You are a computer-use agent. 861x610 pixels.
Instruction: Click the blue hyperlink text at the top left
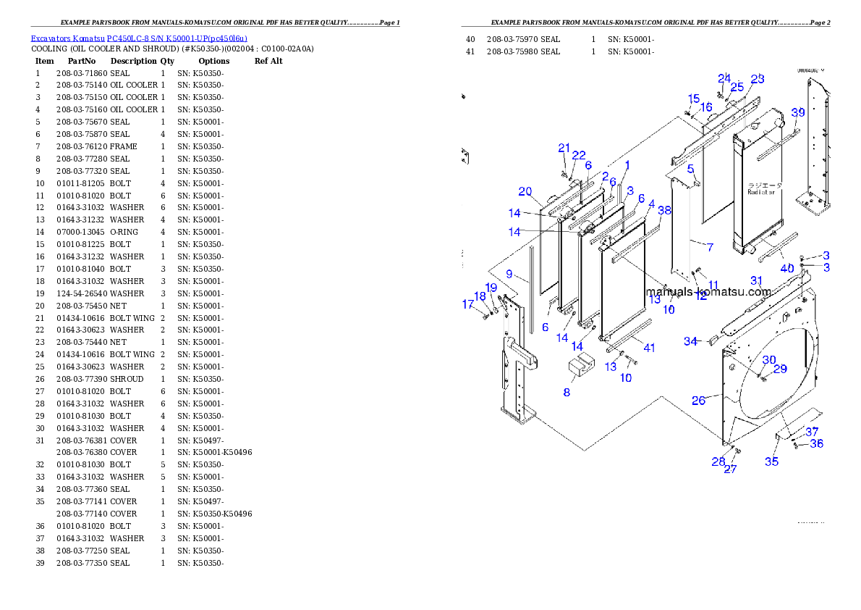click(x=139, y=38)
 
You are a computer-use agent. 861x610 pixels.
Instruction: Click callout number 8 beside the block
click(x=567, y=392)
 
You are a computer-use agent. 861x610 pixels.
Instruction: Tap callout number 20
click(x=525, y=192)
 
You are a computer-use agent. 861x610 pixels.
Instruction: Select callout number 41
click(x=649, y=348)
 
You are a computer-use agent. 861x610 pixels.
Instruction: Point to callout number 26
click(x=698, y=400)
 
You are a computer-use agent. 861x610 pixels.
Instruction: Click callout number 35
click(x=772, y=461)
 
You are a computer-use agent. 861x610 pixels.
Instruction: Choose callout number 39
click(x=797, y=112)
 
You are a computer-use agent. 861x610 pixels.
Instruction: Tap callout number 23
click(x=757, y=79)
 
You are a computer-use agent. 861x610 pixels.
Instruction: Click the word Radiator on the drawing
click(x=761, y=193)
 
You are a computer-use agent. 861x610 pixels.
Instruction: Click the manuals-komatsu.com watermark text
click(x=708, y=292)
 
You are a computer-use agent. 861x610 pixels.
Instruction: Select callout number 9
click(x=509, y=275)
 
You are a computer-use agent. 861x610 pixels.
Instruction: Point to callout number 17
click(x=468, y=304)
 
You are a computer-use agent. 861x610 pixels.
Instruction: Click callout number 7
click(x=710, y=248)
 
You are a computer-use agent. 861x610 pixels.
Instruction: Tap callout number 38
click(x=664, y=211)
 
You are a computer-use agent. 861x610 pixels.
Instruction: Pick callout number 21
click(x=564, y=148)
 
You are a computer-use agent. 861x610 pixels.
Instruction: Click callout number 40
click(x=786, y=269)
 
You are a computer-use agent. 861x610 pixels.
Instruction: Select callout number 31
click(x=756, y=280)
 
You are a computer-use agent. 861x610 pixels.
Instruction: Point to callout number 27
click(x=731, y=469)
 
